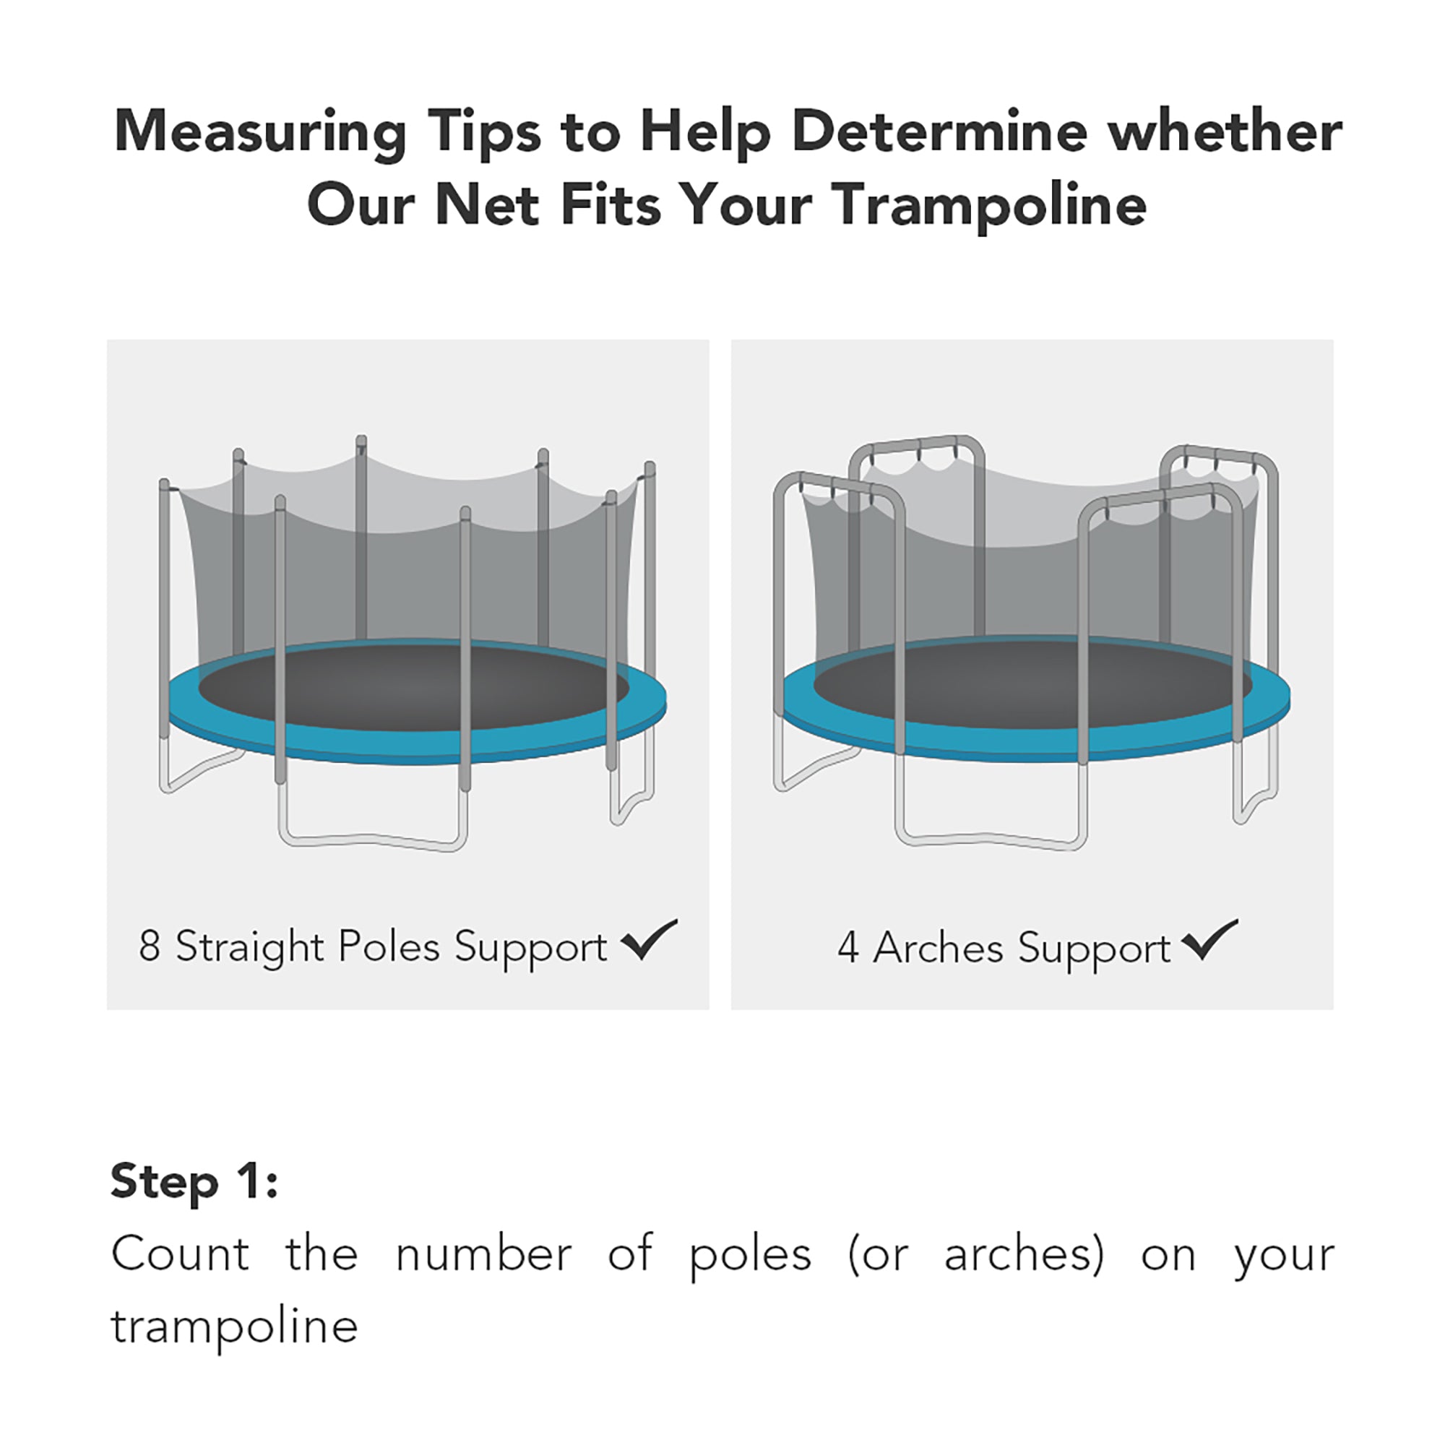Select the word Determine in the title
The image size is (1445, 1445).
click(938, 131)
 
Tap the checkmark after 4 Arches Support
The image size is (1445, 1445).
click(1209, 940)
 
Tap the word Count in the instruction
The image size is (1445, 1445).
click(180, 1254)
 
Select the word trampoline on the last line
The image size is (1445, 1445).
click(234, 1327)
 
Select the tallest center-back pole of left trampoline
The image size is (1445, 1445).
click(361, 538)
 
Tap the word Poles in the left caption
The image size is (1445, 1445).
click(389, 946)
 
